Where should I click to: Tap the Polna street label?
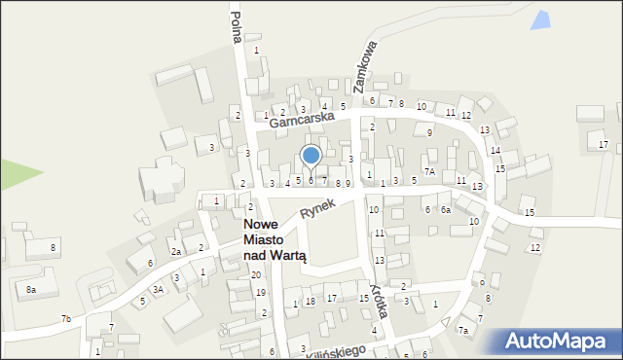[x=236, y=25]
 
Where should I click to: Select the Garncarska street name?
[x=301, y=119]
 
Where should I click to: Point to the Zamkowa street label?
[x=372, y=65]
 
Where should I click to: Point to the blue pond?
[x=539, y=18]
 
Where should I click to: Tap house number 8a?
[x=31, y=290]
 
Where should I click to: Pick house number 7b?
[x=65, y=319]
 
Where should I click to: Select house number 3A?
[x=158, y=289]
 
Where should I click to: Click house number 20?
[x=256, y=275]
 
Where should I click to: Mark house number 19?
[x=260, y=293]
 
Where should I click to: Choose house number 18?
[x=311, y=302]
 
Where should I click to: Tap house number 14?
[x=495, y=151]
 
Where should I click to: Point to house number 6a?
[x=445, y=209]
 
